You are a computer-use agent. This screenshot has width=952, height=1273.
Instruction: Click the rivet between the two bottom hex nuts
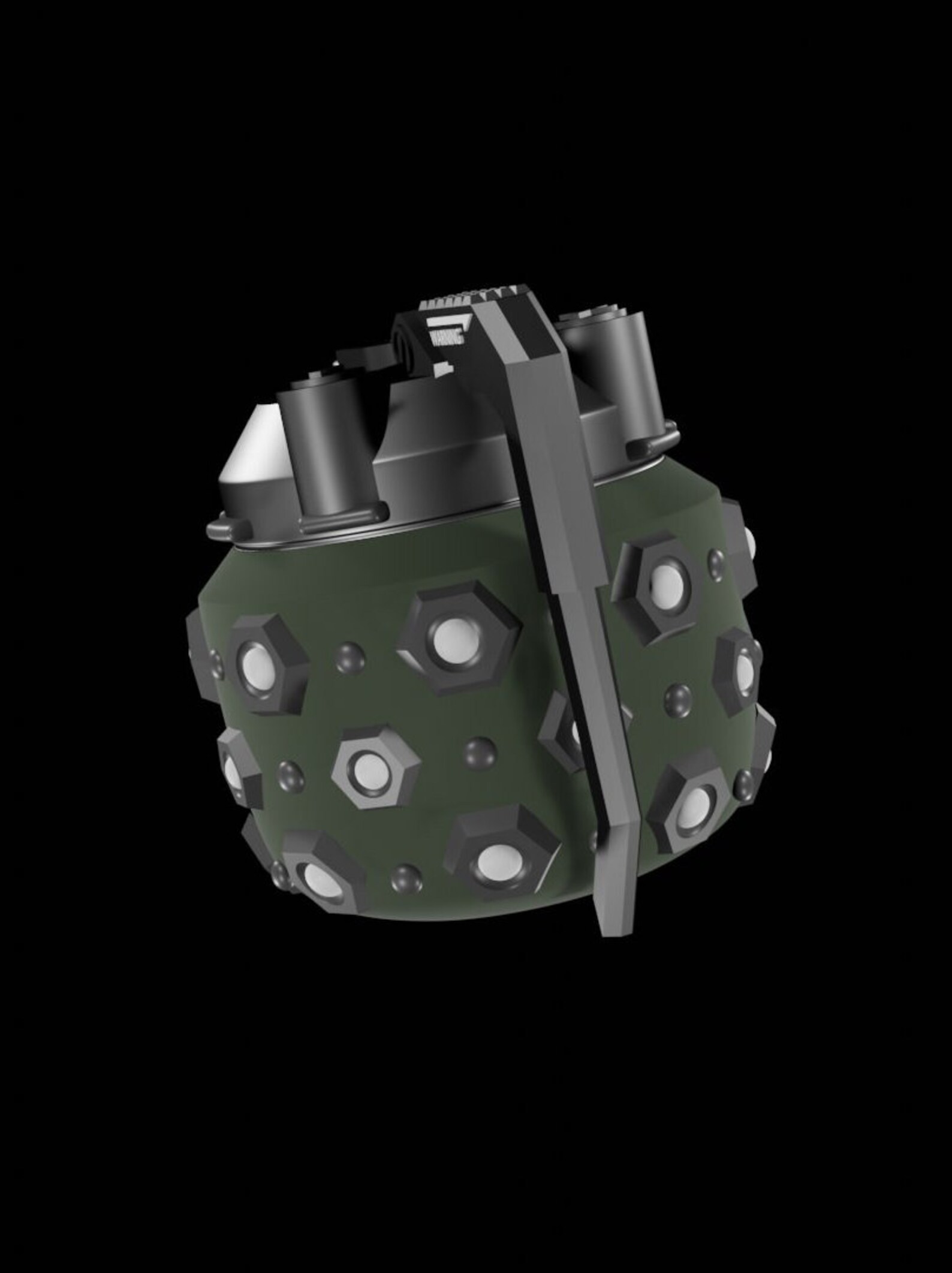[x=406, y=878]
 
